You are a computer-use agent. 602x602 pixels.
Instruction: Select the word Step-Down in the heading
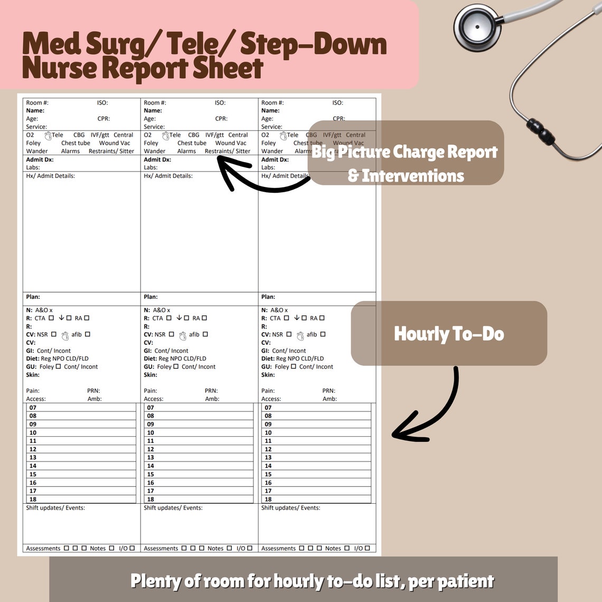pos(313,45)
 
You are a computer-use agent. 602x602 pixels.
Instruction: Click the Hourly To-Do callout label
pos(449,334)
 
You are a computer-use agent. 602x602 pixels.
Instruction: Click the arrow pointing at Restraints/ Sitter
pos(259,177)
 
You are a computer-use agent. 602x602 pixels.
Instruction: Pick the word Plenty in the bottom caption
pos(156,581)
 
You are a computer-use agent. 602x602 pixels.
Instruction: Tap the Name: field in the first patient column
pos(35,111)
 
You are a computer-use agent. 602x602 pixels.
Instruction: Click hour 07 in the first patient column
pos(33,408)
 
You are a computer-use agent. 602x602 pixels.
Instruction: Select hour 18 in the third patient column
pos(268,499)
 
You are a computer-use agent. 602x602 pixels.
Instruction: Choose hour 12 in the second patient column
pos(150,449)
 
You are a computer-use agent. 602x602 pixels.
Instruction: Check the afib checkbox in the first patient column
pos(88,334)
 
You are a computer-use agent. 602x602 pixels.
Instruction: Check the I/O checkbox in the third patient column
pos(367,548)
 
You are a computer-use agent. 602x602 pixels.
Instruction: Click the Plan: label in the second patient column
pos(150,297)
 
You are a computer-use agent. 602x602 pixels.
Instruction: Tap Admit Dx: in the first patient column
pos(39,159)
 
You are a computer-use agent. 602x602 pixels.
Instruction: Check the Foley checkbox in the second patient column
pos(176,366)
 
